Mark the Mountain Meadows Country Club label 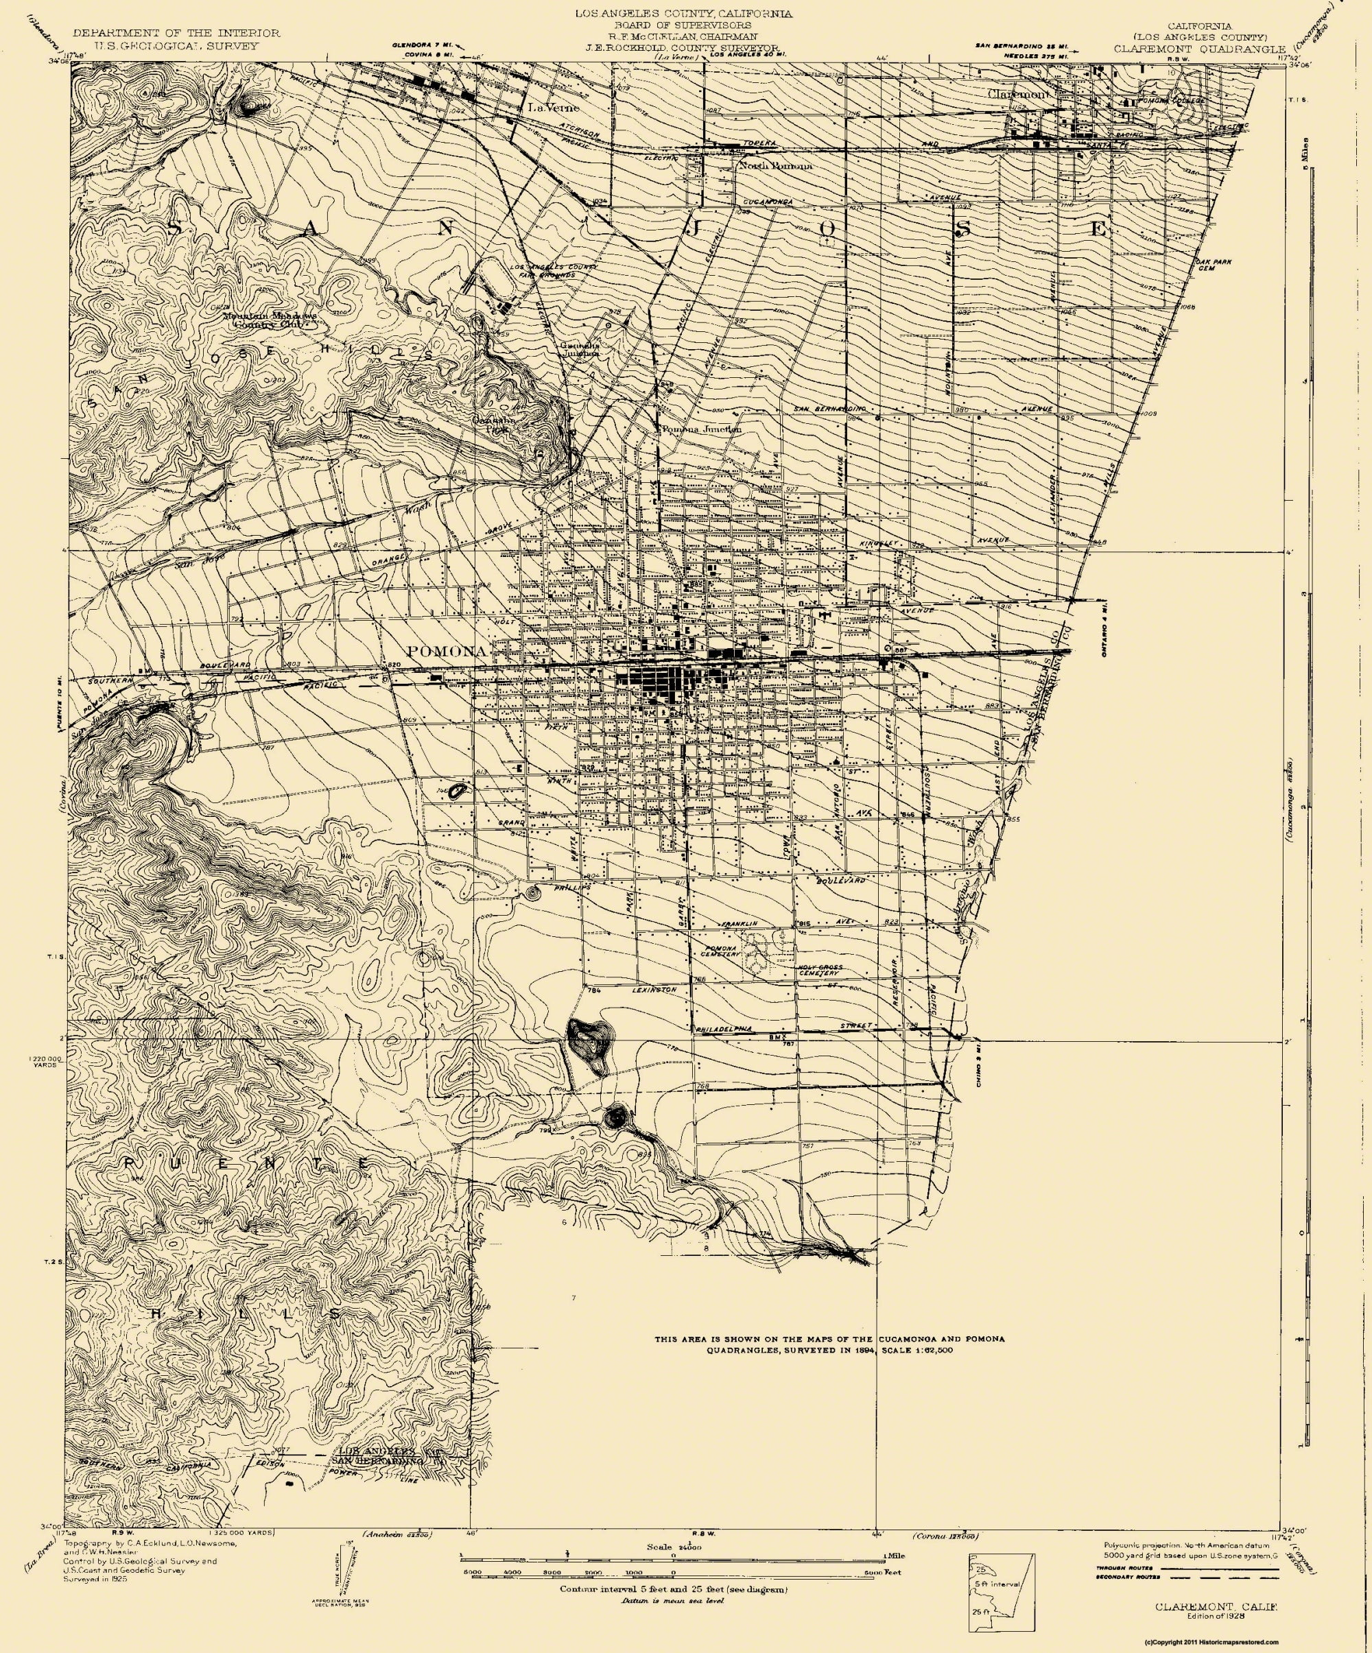point(270,319)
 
